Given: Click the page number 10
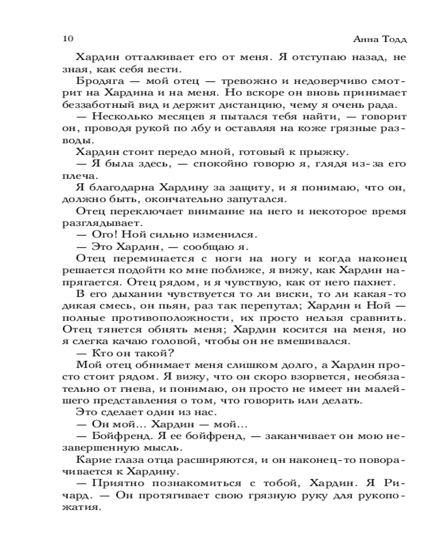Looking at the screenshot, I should point(66,39).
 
